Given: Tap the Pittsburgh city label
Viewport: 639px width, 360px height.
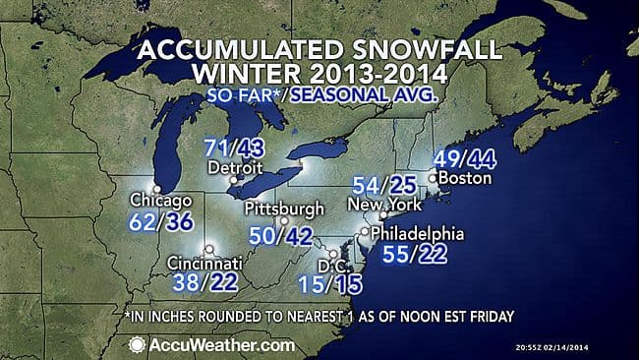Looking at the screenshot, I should pos(284,209).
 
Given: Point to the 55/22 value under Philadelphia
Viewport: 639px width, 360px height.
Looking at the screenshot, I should pos(412,255).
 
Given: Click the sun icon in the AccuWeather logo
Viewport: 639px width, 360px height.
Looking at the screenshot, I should pos(136,344).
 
